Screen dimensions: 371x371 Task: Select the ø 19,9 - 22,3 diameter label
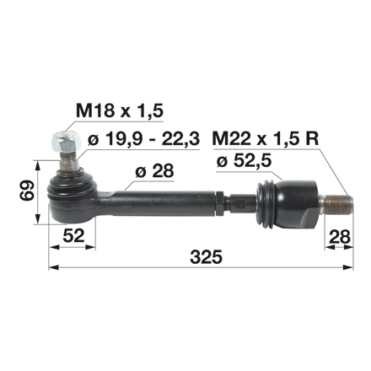(x=143, y=137)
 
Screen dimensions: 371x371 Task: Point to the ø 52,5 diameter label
(x=250, y=160)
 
